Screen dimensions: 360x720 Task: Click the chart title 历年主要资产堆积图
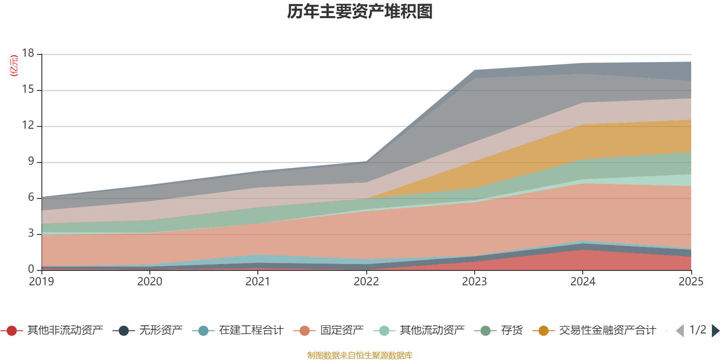360,12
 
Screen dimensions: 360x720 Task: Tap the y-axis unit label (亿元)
14,66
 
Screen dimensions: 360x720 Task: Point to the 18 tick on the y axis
28,53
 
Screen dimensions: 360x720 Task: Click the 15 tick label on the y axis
28,90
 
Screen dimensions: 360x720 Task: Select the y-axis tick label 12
28,125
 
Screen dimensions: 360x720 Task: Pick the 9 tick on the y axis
31,161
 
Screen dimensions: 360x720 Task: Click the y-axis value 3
31,233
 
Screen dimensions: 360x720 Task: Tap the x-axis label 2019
41,282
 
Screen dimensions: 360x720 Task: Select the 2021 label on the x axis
258,282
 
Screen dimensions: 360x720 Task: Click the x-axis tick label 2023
474,282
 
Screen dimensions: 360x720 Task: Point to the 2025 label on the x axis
691,282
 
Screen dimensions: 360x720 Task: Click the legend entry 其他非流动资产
65,331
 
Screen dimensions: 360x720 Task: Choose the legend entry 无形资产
161,331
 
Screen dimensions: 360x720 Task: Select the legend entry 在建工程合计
251,331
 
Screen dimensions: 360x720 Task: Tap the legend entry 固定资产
342,331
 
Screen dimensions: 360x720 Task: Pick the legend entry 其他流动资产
432,331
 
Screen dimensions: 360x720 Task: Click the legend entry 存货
512,331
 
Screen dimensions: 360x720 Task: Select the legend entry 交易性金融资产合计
607,331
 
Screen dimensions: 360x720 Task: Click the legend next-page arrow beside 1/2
715,331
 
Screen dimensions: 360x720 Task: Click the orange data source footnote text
360,355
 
